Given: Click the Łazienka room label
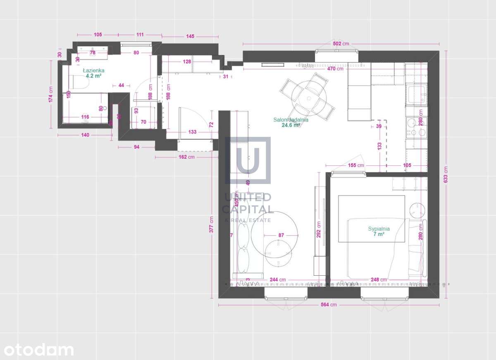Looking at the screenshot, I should (93, 71).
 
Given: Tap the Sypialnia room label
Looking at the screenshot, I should (379, 229).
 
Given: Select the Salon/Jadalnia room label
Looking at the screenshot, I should (291, 120).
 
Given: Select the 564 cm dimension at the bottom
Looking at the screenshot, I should (329, 305).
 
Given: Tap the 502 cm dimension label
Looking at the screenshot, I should (341, 44).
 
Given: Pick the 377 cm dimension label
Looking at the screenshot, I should (211, 225).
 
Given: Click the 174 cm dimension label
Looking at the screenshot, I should (51, 94).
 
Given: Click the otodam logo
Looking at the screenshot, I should (37, 349).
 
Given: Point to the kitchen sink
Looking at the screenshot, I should (416, 95).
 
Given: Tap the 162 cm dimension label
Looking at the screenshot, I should (186, 157).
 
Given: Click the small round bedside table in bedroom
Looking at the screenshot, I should (417, 210).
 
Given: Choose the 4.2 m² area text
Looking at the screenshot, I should (93, 76).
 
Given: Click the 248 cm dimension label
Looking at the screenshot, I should (379, 280).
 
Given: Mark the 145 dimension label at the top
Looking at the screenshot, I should (190, 36).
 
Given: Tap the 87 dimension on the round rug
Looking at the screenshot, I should (281, 235).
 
